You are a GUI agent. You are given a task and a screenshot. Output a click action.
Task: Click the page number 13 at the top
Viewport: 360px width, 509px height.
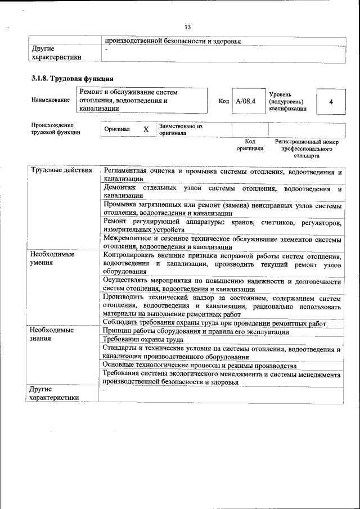click(188, 27)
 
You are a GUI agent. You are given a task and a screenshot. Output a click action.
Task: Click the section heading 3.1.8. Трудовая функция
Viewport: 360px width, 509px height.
click(73, 79)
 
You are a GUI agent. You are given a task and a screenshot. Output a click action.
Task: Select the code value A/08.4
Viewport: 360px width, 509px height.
click(246, 101)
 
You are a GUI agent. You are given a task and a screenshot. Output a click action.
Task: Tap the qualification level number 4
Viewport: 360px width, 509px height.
click(331, 101)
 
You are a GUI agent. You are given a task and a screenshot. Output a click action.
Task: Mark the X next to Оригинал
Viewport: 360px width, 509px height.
click(146, 129)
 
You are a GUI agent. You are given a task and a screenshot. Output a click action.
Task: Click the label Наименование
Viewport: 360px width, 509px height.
click(51, 100)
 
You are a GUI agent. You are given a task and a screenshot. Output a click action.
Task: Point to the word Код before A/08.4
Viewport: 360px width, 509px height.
click(223, 101)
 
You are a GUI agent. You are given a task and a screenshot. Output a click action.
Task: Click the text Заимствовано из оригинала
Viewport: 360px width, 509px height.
click(181, 129)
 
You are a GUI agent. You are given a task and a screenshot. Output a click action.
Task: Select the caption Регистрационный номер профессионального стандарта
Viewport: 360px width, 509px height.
click(307, 148)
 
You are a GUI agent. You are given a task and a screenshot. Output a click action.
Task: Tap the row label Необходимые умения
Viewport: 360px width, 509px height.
click(52, 258)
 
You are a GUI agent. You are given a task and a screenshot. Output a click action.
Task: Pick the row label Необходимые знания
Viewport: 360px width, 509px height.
click(52, 335)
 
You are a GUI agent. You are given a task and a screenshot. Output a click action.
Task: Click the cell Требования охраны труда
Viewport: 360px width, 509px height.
click(143, 340)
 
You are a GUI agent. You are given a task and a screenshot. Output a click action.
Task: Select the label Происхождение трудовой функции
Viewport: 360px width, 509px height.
click(55, 129)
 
